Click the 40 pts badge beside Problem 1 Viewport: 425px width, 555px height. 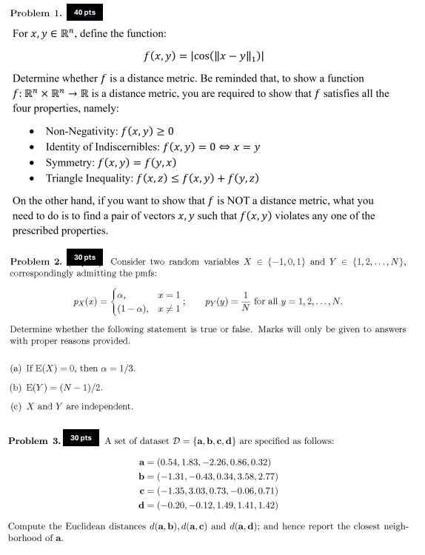coord(85,13)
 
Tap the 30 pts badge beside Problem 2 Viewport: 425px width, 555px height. coord(84,258)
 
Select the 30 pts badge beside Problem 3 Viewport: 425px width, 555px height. coord(81,438)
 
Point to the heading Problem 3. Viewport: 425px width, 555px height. coord(34,441)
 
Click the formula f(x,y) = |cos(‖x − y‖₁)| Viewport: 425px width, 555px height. coord(212,55)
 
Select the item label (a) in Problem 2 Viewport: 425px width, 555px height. coord(16,368)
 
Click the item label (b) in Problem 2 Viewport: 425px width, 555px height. coord(16,387)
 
